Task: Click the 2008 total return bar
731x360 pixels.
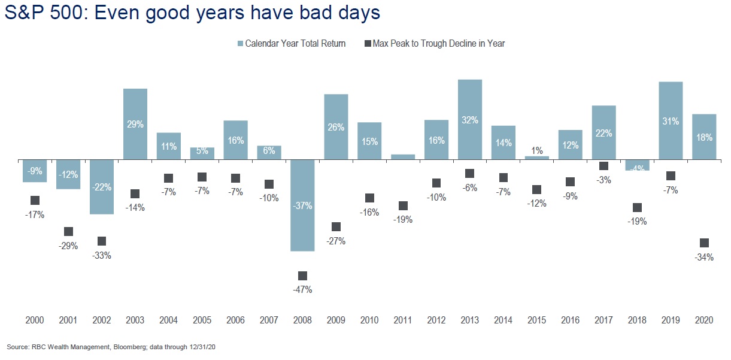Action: click(302, 205)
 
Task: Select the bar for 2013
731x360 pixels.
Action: click(470, 120)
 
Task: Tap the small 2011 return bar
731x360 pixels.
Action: click(403, 157)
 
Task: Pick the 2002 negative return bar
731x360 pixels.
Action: click(102, 187)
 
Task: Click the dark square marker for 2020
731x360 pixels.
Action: click(704, 243)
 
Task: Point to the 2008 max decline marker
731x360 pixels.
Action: click(302, 276)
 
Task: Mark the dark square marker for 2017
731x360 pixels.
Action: click(603, 166)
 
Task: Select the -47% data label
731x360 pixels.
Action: click(302, 290)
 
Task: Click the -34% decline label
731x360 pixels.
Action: click(704, 258)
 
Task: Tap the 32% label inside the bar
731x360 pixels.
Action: click(470, 120)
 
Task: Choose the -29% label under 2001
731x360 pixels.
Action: click(68, 246)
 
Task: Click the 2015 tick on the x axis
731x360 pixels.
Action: click(536, 321)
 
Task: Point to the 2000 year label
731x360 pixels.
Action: click(35, 321)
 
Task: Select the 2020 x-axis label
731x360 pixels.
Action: click(704, 321)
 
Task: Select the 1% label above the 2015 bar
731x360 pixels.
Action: click(536, 151)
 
